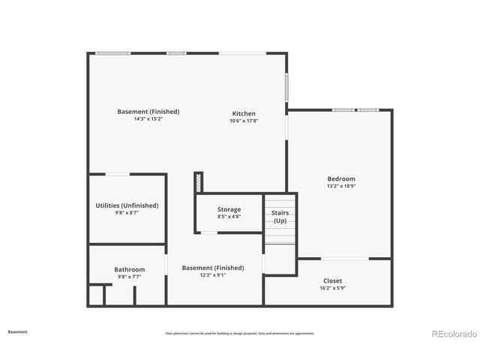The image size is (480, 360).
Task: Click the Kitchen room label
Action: pos(244,113)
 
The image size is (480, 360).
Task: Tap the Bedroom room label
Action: pos(340,178)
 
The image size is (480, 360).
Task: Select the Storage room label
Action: pos(229,209)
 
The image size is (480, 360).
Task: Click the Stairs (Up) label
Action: pos(280,217)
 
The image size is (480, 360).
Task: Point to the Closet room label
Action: pos(332,280)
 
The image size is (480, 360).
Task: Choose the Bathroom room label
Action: pos(129,269)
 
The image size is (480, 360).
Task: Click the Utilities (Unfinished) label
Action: pos(127,205)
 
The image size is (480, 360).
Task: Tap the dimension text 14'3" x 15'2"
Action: pos(148,119)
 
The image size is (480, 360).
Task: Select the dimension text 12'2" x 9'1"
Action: pos(213,275)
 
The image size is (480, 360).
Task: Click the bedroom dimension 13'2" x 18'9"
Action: pos(340,186)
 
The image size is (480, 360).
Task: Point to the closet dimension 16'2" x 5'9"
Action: pos(332,288)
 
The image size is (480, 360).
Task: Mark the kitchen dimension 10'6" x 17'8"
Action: pos(244,121)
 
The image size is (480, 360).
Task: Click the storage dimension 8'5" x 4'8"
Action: pos(229,217)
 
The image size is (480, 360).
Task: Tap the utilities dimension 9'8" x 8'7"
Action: pos(127,213)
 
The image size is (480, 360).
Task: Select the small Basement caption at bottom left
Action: pos(18,331)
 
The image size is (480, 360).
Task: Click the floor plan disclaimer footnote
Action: pos(240,334)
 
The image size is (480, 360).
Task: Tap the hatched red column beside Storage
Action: pos(199,182)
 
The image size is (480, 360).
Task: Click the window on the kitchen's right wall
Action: pos(286,88)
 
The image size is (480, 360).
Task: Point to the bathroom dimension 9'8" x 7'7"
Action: pos(129,277)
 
